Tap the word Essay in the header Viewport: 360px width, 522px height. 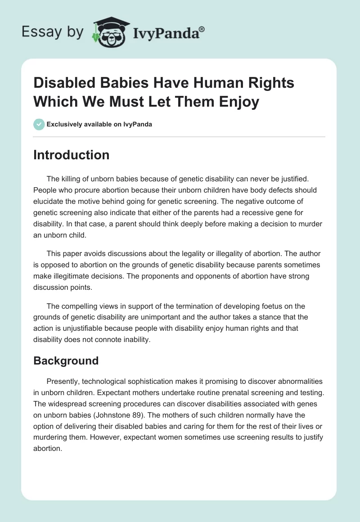tap(41, 32)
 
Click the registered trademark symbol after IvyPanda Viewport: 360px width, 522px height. tap(202, 29)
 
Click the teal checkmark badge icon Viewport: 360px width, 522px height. tap(39, 125)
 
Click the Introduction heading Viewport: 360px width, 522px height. tap(71, 155)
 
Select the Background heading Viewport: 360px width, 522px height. tap(66, 360)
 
